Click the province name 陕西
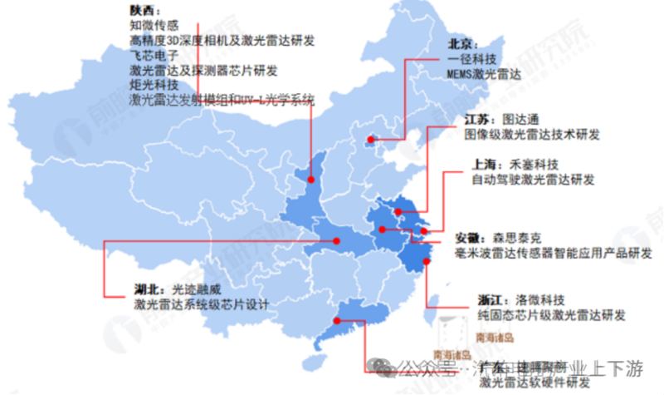point(142,10)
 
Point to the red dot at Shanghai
point(424,230)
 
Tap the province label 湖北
point(146,289)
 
